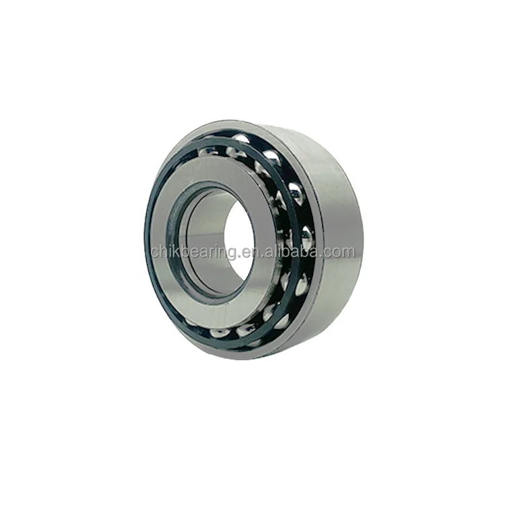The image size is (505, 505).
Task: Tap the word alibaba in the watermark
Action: click(x=296, y=252)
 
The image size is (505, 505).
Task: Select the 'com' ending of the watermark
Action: click(x=339, y=252)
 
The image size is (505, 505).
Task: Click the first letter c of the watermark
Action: click(x=155, y=253)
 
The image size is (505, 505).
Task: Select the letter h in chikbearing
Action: click(x=164, y=252)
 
